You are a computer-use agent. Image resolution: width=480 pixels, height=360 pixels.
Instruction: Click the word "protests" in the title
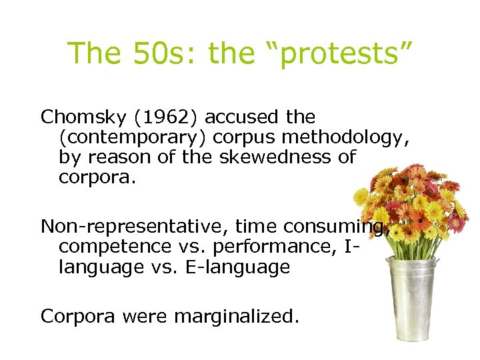point(347,53)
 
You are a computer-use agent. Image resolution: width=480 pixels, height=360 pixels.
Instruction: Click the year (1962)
point(169,117)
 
